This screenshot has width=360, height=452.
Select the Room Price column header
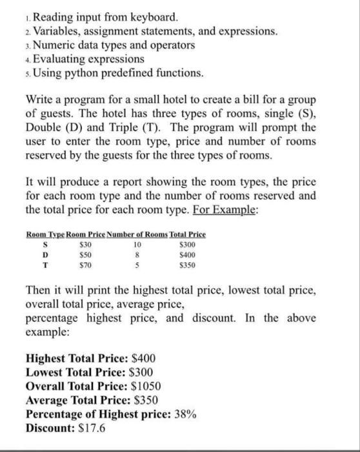pyautogui.click(x=87, y=234)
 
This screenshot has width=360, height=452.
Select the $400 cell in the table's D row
pyautogui.click(x=186, y=254)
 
